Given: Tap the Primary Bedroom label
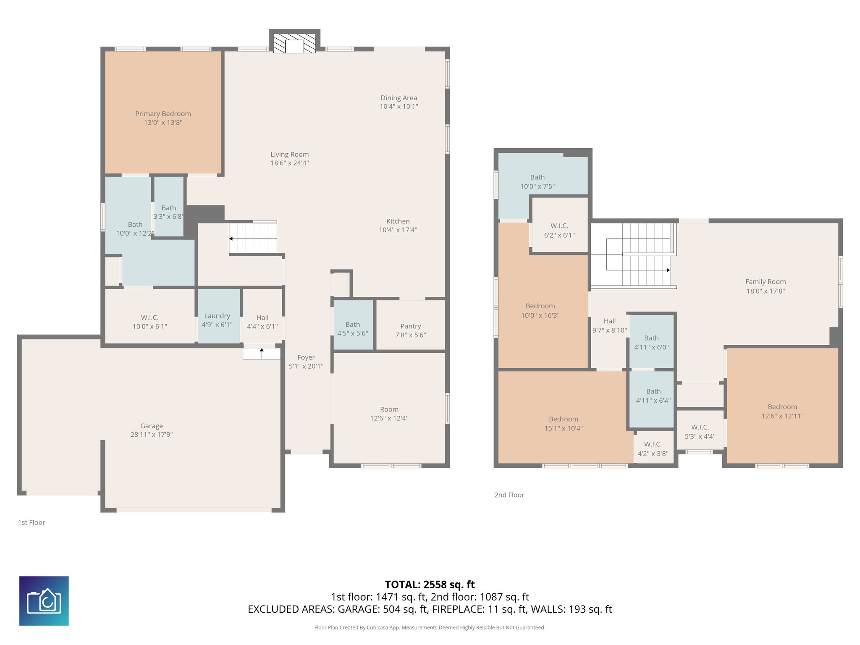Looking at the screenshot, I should pyautogui.click(x=163, y=114).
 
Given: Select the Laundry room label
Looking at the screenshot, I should pyautogui.click(x=217, y=316).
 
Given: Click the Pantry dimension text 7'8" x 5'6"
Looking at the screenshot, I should pyautogui.click(x=411, y=335).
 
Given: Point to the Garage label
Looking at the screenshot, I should pyautogui.click(x=152, y=426).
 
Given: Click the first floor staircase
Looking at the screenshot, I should pyautogui.click(x=253, y=238).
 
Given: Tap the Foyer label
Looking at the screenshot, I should pyautogui.click(x=306, y=357).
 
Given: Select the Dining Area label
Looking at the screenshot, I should pyautogui.click(x=399, y=98).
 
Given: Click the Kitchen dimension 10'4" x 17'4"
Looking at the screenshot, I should pyautogui.click(x=398, y=230).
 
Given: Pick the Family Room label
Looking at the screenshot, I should pyautogui.click(x=765, y=282).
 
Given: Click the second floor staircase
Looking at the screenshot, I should pyautogui.click(x=638, y=254).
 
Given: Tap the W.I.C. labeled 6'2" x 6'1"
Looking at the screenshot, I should pyautogui.click(x=559, y=231).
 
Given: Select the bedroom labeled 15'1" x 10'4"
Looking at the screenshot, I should pyautogui.click(x=563, y=423).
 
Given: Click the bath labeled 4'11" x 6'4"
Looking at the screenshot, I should pyautogui.click(x=653, y=396).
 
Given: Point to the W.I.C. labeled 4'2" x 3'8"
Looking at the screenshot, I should pyautogui.click(x=653, y=448).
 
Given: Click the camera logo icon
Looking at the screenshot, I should pyautogui.click(x=44, y=600).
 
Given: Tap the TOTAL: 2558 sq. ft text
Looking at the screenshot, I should pyautogui.click(x=430, y=585).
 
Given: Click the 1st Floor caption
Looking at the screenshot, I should pyautogui.click(x=31, y=522).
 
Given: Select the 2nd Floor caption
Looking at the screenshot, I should pyautogui.click(x=509, y=495).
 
